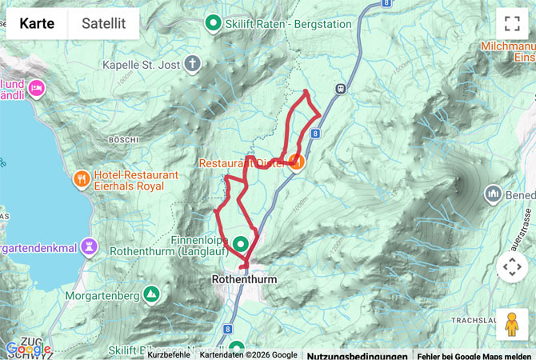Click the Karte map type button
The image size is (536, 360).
(x=37, y=24)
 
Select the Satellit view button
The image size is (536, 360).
(x=103, y=24)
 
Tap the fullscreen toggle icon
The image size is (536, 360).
(x=512, y=24)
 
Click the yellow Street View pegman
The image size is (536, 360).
(x=512, y=325)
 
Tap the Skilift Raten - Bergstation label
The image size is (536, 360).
(x=288, y=24)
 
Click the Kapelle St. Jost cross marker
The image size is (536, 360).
(x=193, y=63)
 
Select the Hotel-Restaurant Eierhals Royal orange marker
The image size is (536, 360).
(x=82, y=178)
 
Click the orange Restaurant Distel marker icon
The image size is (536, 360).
(x=297, y=163)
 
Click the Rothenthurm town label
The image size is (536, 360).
(x=244, y=279)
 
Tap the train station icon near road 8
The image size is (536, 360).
(x=342, y=88)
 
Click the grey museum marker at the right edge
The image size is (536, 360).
(x=492, y=194)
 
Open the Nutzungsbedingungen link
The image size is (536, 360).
(x=357, y=355)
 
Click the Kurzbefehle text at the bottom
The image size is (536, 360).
(x=169, y=355)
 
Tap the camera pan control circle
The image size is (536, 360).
(x=512, y=267)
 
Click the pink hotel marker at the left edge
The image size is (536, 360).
(x=36, y=87)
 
